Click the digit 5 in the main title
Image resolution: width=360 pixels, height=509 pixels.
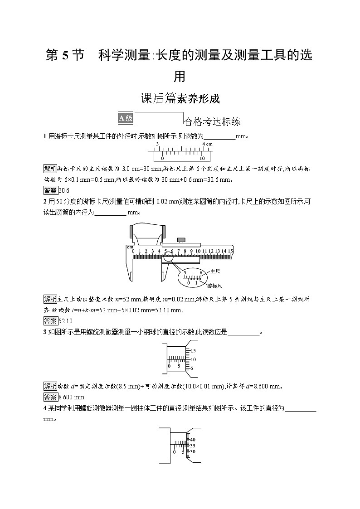click(x=64, y=56)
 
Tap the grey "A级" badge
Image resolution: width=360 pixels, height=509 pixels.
click(x=126, y=118)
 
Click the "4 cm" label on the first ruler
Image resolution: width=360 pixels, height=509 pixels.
click(x=207, y=144)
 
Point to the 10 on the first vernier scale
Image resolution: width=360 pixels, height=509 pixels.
click(x=202, y=159)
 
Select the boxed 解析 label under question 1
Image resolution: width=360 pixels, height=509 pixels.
click(x=50, y=168)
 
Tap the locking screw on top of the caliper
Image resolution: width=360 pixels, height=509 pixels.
click(x=182, y=239)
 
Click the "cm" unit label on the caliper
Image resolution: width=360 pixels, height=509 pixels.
click(x=130, y=247)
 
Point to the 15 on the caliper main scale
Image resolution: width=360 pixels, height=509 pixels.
click(x=230, y=251)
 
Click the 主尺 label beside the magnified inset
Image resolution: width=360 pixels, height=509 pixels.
click(x=215, y=271)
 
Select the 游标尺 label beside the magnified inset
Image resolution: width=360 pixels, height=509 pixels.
click(x=214, y=286)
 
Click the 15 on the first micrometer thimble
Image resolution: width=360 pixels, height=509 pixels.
click(x=193, y=351)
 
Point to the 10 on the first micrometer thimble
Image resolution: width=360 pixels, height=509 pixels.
click(x=193, y=359)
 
